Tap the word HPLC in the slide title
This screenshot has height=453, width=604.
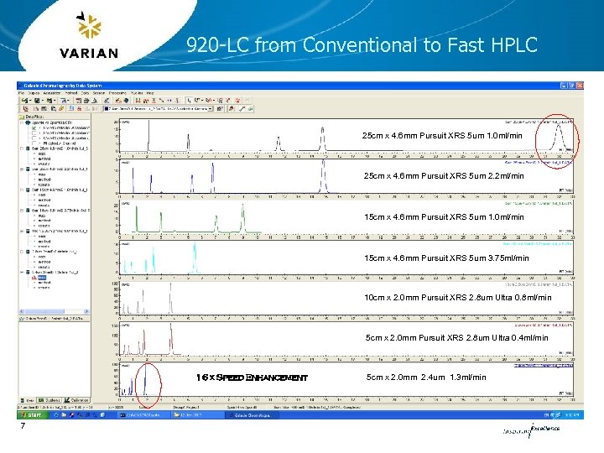tap(511, 45)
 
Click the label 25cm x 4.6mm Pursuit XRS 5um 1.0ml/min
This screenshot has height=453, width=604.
tap(442, 136)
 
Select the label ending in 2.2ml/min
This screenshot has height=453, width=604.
tap(443, 176)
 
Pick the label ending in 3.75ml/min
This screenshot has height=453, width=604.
tap(446, 258)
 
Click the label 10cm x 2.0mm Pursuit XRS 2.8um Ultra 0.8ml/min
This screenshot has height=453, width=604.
tap(458, 298)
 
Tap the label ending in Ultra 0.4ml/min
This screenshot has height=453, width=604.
tap(457, 338)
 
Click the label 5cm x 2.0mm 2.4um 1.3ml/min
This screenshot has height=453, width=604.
tap(426, 377)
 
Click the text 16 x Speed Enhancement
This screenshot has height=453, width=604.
tap(253, 377)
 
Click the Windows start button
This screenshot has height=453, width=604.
tap(33, 414)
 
